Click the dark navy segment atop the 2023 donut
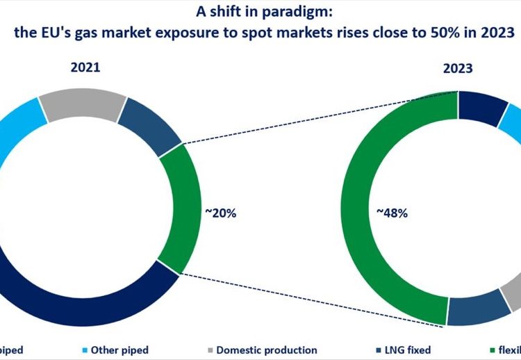(x=482, y=108)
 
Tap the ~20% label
(x=220, y=213)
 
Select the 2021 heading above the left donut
(x=84, y=68)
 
